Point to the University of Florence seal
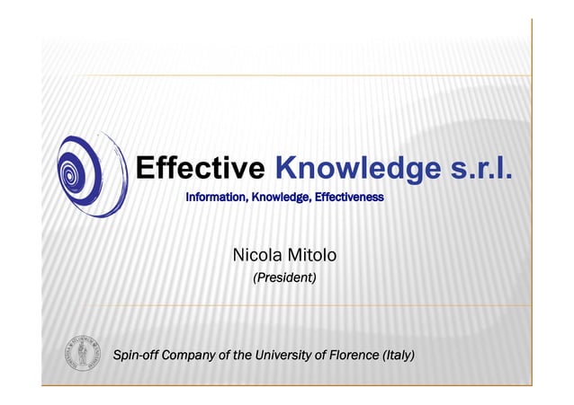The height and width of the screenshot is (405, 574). tap(83, 354)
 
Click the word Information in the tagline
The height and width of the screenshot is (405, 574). tap(215, 196)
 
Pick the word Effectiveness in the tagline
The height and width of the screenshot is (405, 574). tap(348, 196)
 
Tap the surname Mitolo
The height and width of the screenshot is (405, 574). tap(312, 255)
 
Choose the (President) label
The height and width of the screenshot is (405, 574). tap(284, 278)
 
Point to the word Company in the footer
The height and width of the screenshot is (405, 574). tap(186, 355)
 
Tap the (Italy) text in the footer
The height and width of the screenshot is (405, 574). tap(399, 355)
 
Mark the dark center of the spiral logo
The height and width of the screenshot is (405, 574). tap(69, 171)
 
